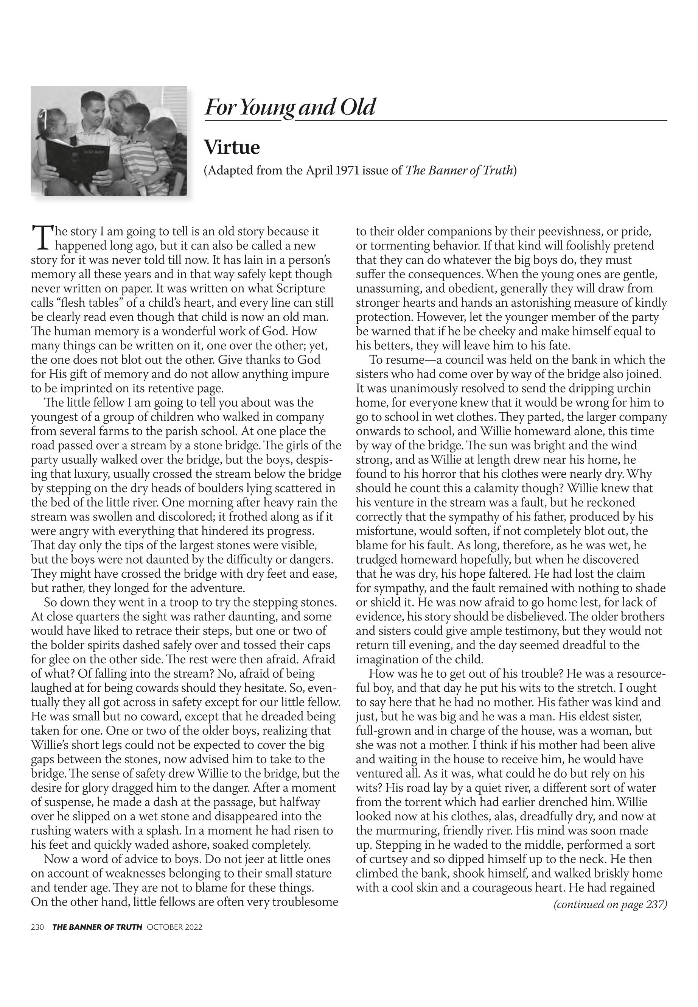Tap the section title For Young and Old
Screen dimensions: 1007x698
(290, 107)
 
